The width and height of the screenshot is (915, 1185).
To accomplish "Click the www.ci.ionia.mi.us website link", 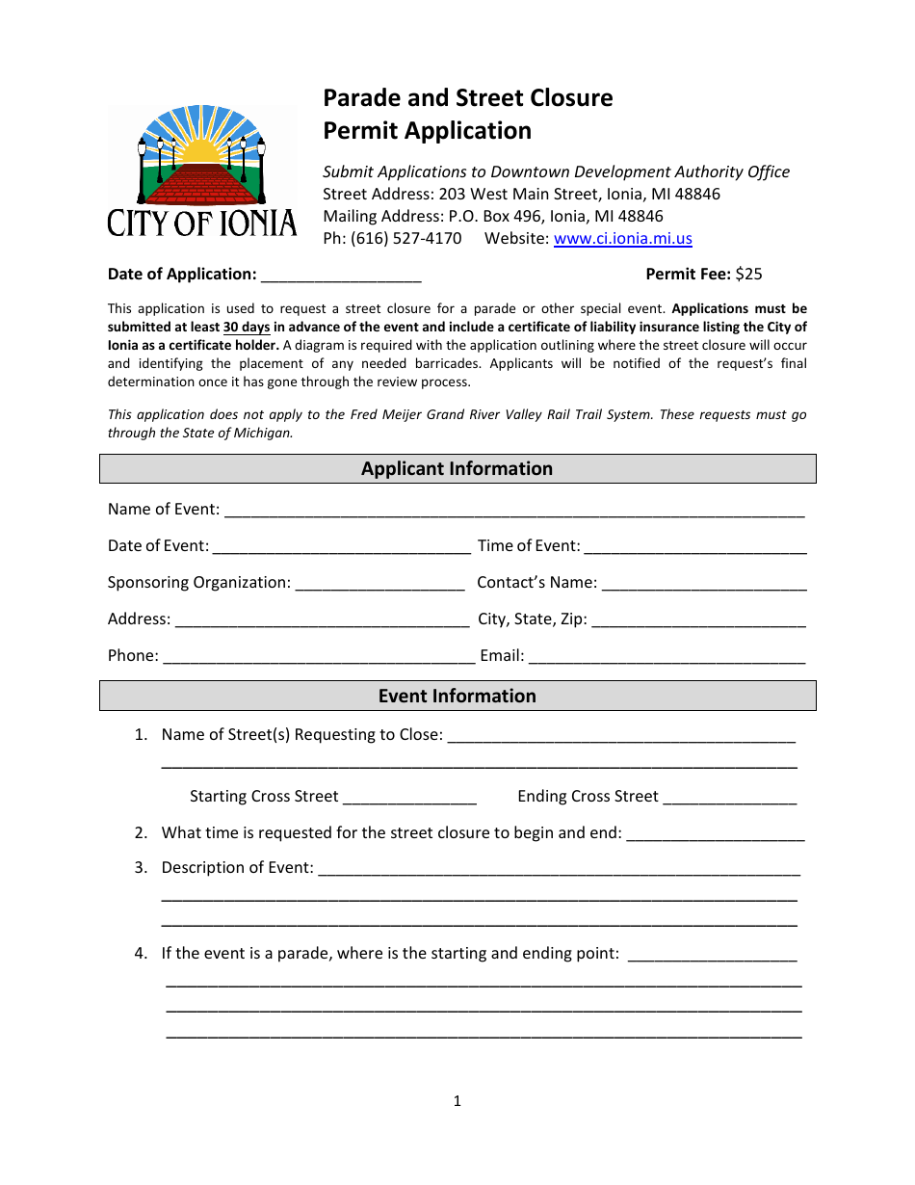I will click(622, 239).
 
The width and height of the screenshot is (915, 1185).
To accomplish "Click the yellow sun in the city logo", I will click(202, 149).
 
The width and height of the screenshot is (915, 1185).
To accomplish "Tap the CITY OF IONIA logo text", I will click(202, 224).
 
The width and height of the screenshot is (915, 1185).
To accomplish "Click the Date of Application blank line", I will click(341, 276).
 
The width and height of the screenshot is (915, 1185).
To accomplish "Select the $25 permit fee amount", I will click(748, 274).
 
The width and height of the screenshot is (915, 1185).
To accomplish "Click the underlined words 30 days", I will click(247, 328).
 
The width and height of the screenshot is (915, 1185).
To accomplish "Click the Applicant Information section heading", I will click(457, 469).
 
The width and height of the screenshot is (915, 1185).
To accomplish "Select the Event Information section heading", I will click(457, 697).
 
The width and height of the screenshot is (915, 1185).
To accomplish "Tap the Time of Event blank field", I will click(694, 547).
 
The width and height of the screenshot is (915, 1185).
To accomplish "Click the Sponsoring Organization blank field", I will click(379, 584).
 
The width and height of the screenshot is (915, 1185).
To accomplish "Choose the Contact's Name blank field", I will click(704, 584).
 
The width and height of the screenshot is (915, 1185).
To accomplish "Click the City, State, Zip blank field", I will click(698, 620).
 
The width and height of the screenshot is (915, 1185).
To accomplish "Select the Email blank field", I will click(667, 657).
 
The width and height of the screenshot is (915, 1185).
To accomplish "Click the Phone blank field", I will click(319, 657).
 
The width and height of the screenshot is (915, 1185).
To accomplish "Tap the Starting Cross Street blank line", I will click(409, 798).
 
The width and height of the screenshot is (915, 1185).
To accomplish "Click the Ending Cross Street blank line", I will click(729, 798).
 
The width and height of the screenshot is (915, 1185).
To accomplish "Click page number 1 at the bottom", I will click(457, 1101).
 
